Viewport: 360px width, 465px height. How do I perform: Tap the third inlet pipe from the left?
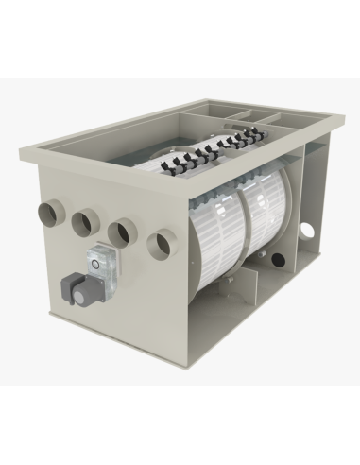coord(118,232)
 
